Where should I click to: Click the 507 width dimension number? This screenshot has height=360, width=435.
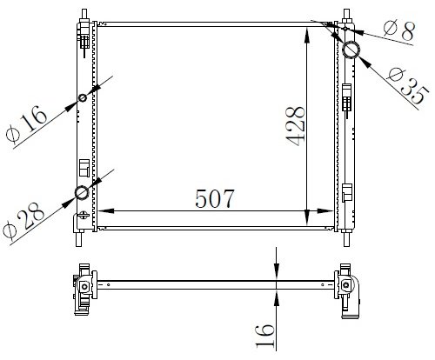click(x=215, y=199)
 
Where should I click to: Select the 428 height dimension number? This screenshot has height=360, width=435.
click(x=296, y=126)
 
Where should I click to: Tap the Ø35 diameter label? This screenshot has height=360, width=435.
click(x=407, y=86)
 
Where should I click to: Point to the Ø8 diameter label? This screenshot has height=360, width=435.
click(x=398, y=30)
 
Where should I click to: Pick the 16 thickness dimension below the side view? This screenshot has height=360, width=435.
click(x=265, y=336)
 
